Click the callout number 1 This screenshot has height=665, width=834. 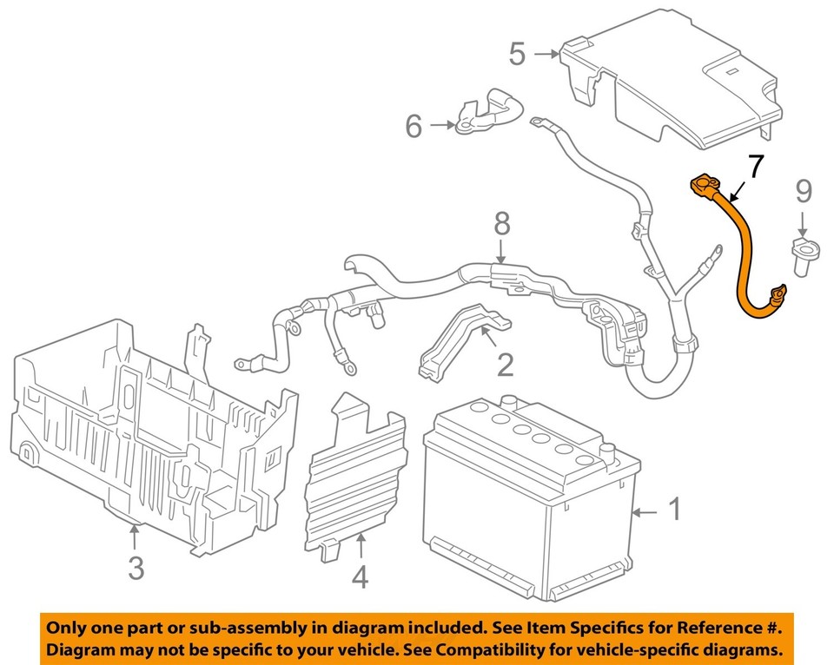tap(675, 510)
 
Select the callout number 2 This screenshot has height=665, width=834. tap(505, 363)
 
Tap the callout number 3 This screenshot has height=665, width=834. tap(136, 568)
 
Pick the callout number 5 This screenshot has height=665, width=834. tap(517, 55)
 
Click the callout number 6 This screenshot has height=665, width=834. tap(414, 127)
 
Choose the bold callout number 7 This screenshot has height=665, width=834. tap(757, 167)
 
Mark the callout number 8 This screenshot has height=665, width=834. tap(501, 226)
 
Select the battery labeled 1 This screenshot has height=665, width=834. tap(530, 504)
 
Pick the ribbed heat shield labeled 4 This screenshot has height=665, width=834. tap(356, 477)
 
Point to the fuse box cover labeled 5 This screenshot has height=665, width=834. tap(678, 87)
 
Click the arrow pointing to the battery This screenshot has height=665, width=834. tap(645, 513)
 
